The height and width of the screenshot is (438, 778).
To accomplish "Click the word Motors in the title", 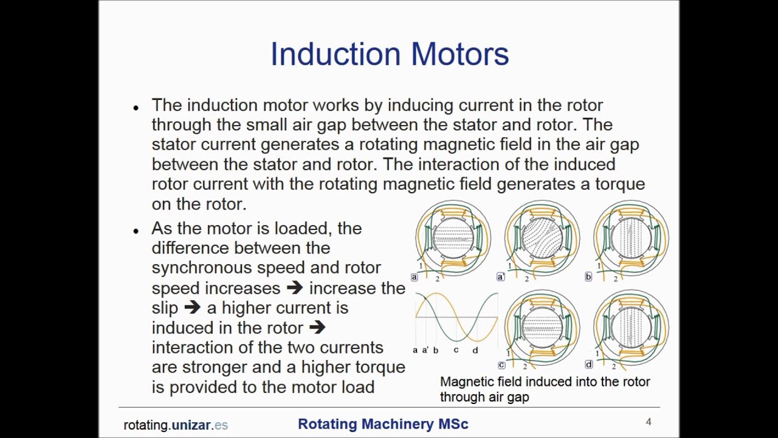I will [x=460, y=54].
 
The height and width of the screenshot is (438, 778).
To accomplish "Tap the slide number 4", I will [x=649, y=422].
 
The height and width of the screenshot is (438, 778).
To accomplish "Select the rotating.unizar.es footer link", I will [x=176, y=425].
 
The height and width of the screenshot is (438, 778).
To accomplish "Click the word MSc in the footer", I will [x=453, y=424].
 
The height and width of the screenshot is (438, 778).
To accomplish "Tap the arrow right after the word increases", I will [x=295, y=288].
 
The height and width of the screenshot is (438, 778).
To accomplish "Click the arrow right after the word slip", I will [x=191, y=308].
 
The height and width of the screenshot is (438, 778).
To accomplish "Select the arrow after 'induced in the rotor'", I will [x=317, y=327].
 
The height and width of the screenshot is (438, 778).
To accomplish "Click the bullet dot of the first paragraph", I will [x=136, y=108].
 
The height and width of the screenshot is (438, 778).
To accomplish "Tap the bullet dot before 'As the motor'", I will [x=136, y=231].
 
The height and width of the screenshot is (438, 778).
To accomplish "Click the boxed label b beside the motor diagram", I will [x=588, y=277].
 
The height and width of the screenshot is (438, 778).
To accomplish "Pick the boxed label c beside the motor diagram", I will [x=501, y=365].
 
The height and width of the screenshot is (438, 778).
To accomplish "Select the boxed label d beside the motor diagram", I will [x=588, y=364].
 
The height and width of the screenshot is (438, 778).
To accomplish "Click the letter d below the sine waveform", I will [x=475, y=350].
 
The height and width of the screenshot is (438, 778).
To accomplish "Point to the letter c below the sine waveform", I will [x=456, y=350].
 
